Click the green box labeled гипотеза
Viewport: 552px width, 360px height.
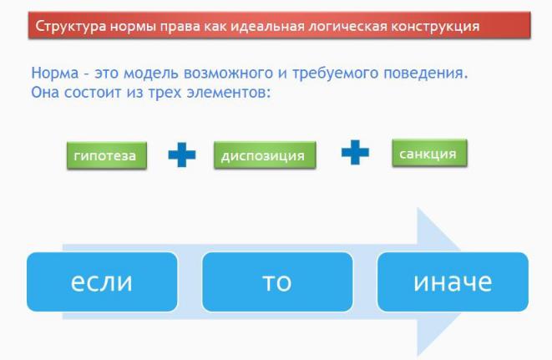click(x=107, y=155)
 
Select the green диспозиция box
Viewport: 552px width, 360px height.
click(x=265, y=155)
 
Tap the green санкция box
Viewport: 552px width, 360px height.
click(x=429, y=153)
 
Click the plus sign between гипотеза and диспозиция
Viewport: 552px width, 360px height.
click(x=182, y=155)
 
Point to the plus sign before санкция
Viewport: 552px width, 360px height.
click(x=355, y=152)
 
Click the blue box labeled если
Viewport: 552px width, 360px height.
click(x=102, y=281)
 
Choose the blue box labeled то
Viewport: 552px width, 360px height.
click(x=277, y=281)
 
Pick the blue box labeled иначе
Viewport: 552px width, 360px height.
click(x=453, y=281)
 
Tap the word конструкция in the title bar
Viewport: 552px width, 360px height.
click(x=435, y=27)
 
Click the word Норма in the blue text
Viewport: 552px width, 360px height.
click(x=55, y=73)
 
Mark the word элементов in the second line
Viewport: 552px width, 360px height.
click(x=228, y=93)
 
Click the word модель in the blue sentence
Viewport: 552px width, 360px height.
click(x=152, y=74)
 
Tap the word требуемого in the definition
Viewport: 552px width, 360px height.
click(x=336, y=74)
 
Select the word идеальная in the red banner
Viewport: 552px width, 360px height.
click(x=267, y=27)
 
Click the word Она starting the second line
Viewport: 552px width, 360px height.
click(x=45, y=93)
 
